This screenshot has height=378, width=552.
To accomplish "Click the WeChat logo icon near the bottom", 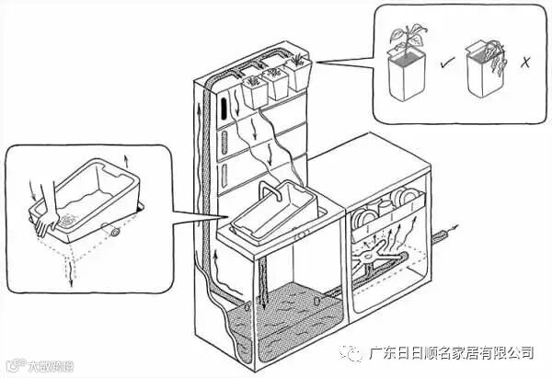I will click(x=353, y=351).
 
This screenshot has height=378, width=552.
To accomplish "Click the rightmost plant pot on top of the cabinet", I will click(x=299, y=75).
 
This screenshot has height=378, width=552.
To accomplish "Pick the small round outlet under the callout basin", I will click(x=113, y=233).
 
